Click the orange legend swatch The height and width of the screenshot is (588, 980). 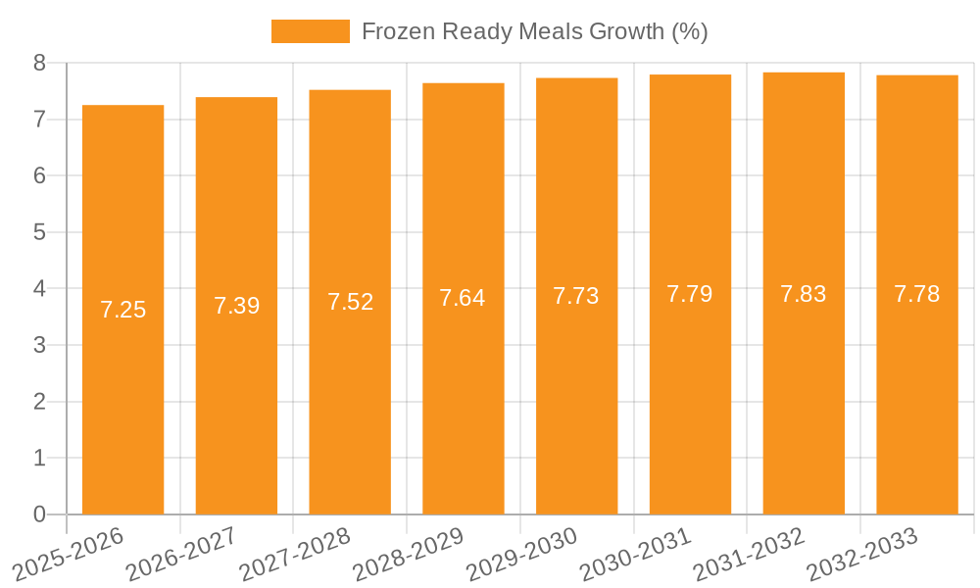[310, 31]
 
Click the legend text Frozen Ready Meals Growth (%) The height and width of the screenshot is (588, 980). [534, 31]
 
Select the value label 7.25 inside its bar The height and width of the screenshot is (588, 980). [122, 310]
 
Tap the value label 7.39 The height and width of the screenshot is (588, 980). [236, 306]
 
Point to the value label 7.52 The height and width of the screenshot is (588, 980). [350, 302]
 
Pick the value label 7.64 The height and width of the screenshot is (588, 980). [463, 298]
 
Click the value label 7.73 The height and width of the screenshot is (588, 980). [576, 296]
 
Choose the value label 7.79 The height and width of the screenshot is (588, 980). [690, 294]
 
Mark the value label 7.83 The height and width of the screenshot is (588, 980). [804, 293]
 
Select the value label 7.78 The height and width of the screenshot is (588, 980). [917, 294]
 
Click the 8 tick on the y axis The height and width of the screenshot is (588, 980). [39, 63]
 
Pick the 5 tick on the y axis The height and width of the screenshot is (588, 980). [39, 232]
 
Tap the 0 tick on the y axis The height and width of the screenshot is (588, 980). [39, 514]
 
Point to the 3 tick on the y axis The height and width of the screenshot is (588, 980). [39, 345]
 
